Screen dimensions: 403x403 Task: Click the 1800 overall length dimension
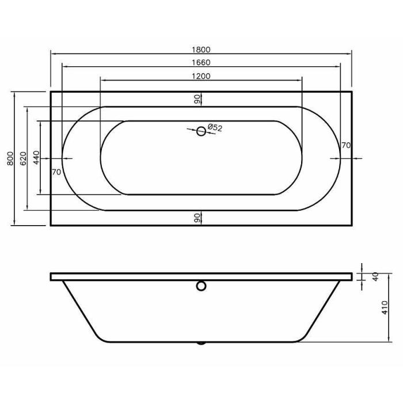201,50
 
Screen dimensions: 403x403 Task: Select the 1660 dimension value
201,62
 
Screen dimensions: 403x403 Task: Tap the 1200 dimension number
201,76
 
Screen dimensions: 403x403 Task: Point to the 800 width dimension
10,158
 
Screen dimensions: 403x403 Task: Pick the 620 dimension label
23,158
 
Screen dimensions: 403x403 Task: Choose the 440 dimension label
36,158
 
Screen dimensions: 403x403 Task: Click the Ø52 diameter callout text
214,128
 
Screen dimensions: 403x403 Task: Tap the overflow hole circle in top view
201,131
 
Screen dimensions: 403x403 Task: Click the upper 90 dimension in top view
197,99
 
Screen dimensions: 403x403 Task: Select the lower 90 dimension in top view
197,218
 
